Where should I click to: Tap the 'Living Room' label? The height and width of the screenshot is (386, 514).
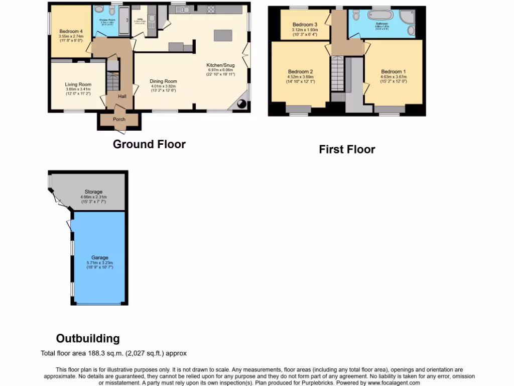pyautogui.click(x=78, y=84)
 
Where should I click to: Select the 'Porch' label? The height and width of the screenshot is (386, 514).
pyautogui.click(x=119, y=119)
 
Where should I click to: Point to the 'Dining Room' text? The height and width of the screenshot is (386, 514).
pyautogui.click(x=164, y=81)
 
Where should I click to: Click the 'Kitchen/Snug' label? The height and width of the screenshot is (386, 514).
pyautogui.click(x=220, y=65)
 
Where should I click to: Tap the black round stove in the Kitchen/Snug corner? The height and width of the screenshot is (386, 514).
pyautogui.click(x=241, y=104)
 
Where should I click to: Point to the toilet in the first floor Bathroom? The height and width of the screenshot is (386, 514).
pyautogui.click(x=356, y=16)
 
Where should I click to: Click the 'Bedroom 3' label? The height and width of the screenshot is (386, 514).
pyautogui.click(x=305, y=25)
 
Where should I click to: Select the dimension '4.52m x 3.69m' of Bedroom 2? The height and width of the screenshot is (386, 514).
pyautogui.click(x=300, y=76)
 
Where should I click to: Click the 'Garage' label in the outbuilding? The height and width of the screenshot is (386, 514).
pyautogui.click(x=99, y=258)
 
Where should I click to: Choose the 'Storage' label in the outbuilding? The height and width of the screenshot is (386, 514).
pyautogui.click(x=93, y=192)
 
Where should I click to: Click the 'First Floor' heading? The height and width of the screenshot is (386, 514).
pyautogui.click(x=347, y=149)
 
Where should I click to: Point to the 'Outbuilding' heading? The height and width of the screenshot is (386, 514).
pyautogui.click(x=88, y=338)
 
